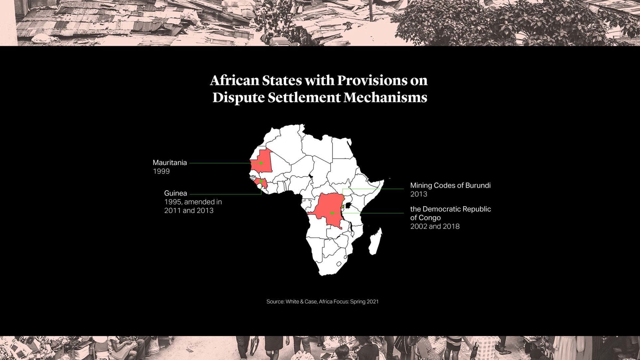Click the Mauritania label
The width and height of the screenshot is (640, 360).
point(170,163)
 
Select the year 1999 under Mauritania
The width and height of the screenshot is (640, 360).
point(161,171)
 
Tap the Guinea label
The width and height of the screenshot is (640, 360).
point(175,193)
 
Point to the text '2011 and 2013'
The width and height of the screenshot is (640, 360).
point(189,211)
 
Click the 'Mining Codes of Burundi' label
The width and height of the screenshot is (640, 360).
point(450,185)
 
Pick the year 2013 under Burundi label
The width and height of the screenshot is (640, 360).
point(418,194)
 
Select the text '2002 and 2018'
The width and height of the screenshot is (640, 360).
point(435,226)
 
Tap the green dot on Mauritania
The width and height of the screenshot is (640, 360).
point(261,163)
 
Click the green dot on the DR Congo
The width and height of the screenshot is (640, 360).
point(332,213)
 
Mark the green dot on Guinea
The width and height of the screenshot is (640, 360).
point(261,182)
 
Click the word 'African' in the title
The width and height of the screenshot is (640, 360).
point(234,80)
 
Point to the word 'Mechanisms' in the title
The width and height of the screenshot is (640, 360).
point(385,97)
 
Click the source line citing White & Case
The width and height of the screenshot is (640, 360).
point(322,301)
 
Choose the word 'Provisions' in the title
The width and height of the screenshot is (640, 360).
point(372,80)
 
